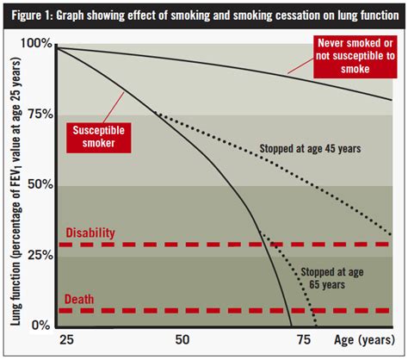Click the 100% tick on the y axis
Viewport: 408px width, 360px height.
click(x=37, y=43)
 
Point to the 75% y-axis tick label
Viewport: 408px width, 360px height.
click(x=40, y=114)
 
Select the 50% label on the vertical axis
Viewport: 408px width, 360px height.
click(x=40, y=184)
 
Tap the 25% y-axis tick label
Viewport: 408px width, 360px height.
click(x=40, y=255)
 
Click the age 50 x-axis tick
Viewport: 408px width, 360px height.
click(x=182, y=340)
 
